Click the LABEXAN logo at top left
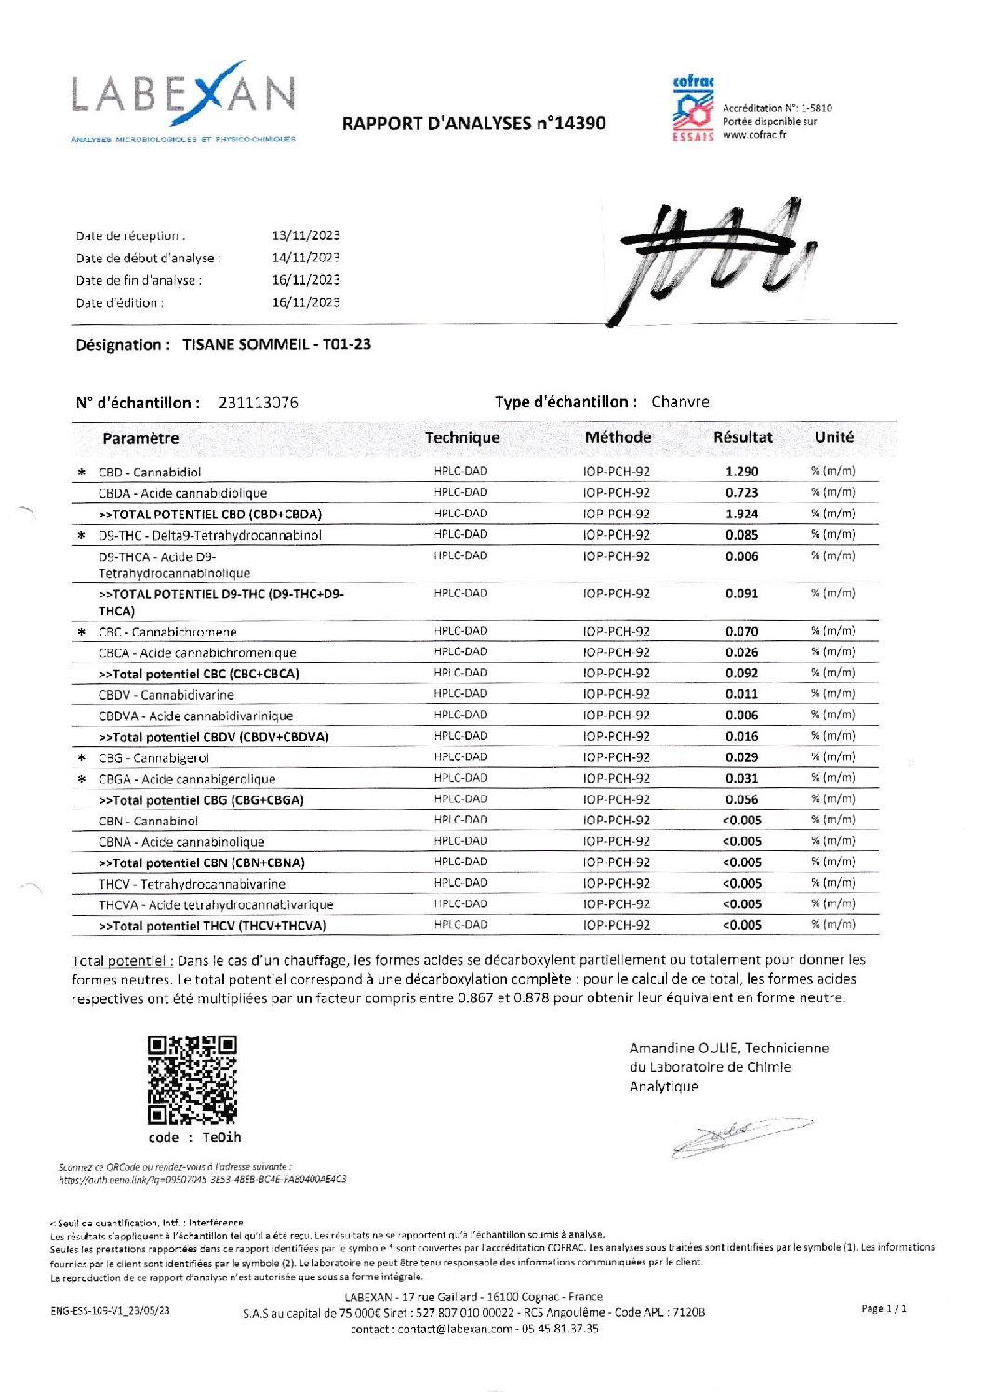183,100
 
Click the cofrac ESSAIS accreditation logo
693,109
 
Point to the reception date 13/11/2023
306,235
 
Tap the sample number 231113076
259,403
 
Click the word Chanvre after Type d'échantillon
680,402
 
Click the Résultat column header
742,437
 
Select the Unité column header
833,437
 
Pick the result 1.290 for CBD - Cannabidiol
741,472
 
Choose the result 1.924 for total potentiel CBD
741,514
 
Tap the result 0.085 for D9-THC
741,535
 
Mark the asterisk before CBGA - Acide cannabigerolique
82,779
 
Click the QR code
193,1080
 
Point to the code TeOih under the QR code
221,1137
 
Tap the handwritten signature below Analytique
739,1136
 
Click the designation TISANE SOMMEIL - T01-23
276,344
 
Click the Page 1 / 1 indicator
884,1308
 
